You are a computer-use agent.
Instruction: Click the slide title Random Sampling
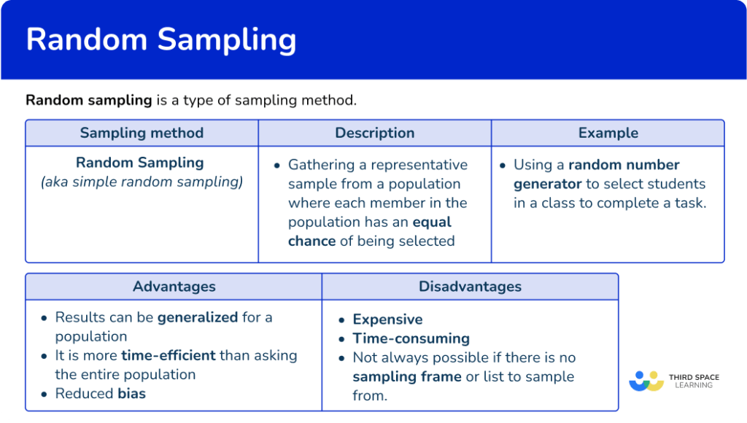click(x=161, y=39)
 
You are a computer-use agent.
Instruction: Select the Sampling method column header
click(x=142, y=133)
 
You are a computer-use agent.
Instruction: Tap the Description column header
click(x=374, y=133)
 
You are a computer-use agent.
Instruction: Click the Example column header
click(x=608, y=133)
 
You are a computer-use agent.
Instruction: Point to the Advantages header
click(x=174, y=287)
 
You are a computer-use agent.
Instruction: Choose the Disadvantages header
click(x=470, y=287)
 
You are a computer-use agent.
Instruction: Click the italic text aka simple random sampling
click(x=142, y=182)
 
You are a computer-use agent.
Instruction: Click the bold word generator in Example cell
click(x=547, y=184)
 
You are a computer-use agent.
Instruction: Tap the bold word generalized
click(x=198, y=317)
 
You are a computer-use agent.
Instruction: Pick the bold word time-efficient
click(x=169, y=355)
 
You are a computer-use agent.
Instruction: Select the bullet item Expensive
click(x=387, y=319)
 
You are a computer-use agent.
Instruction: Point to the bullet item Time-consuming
click(x=411, y=338)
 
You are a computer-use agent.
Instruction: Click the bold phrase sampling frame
click(x=407, y=376)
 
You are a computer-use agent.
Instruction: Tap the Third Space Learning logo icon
click(x=646, y=380)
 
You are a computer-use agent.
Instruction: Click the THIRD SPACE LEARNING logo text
click(x=693, y=381)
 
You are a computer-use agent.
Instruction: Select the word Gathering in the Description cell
click(x=321, y=165)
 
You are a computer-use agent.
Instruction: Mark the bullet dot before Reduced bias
click(x=44, y=394)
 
